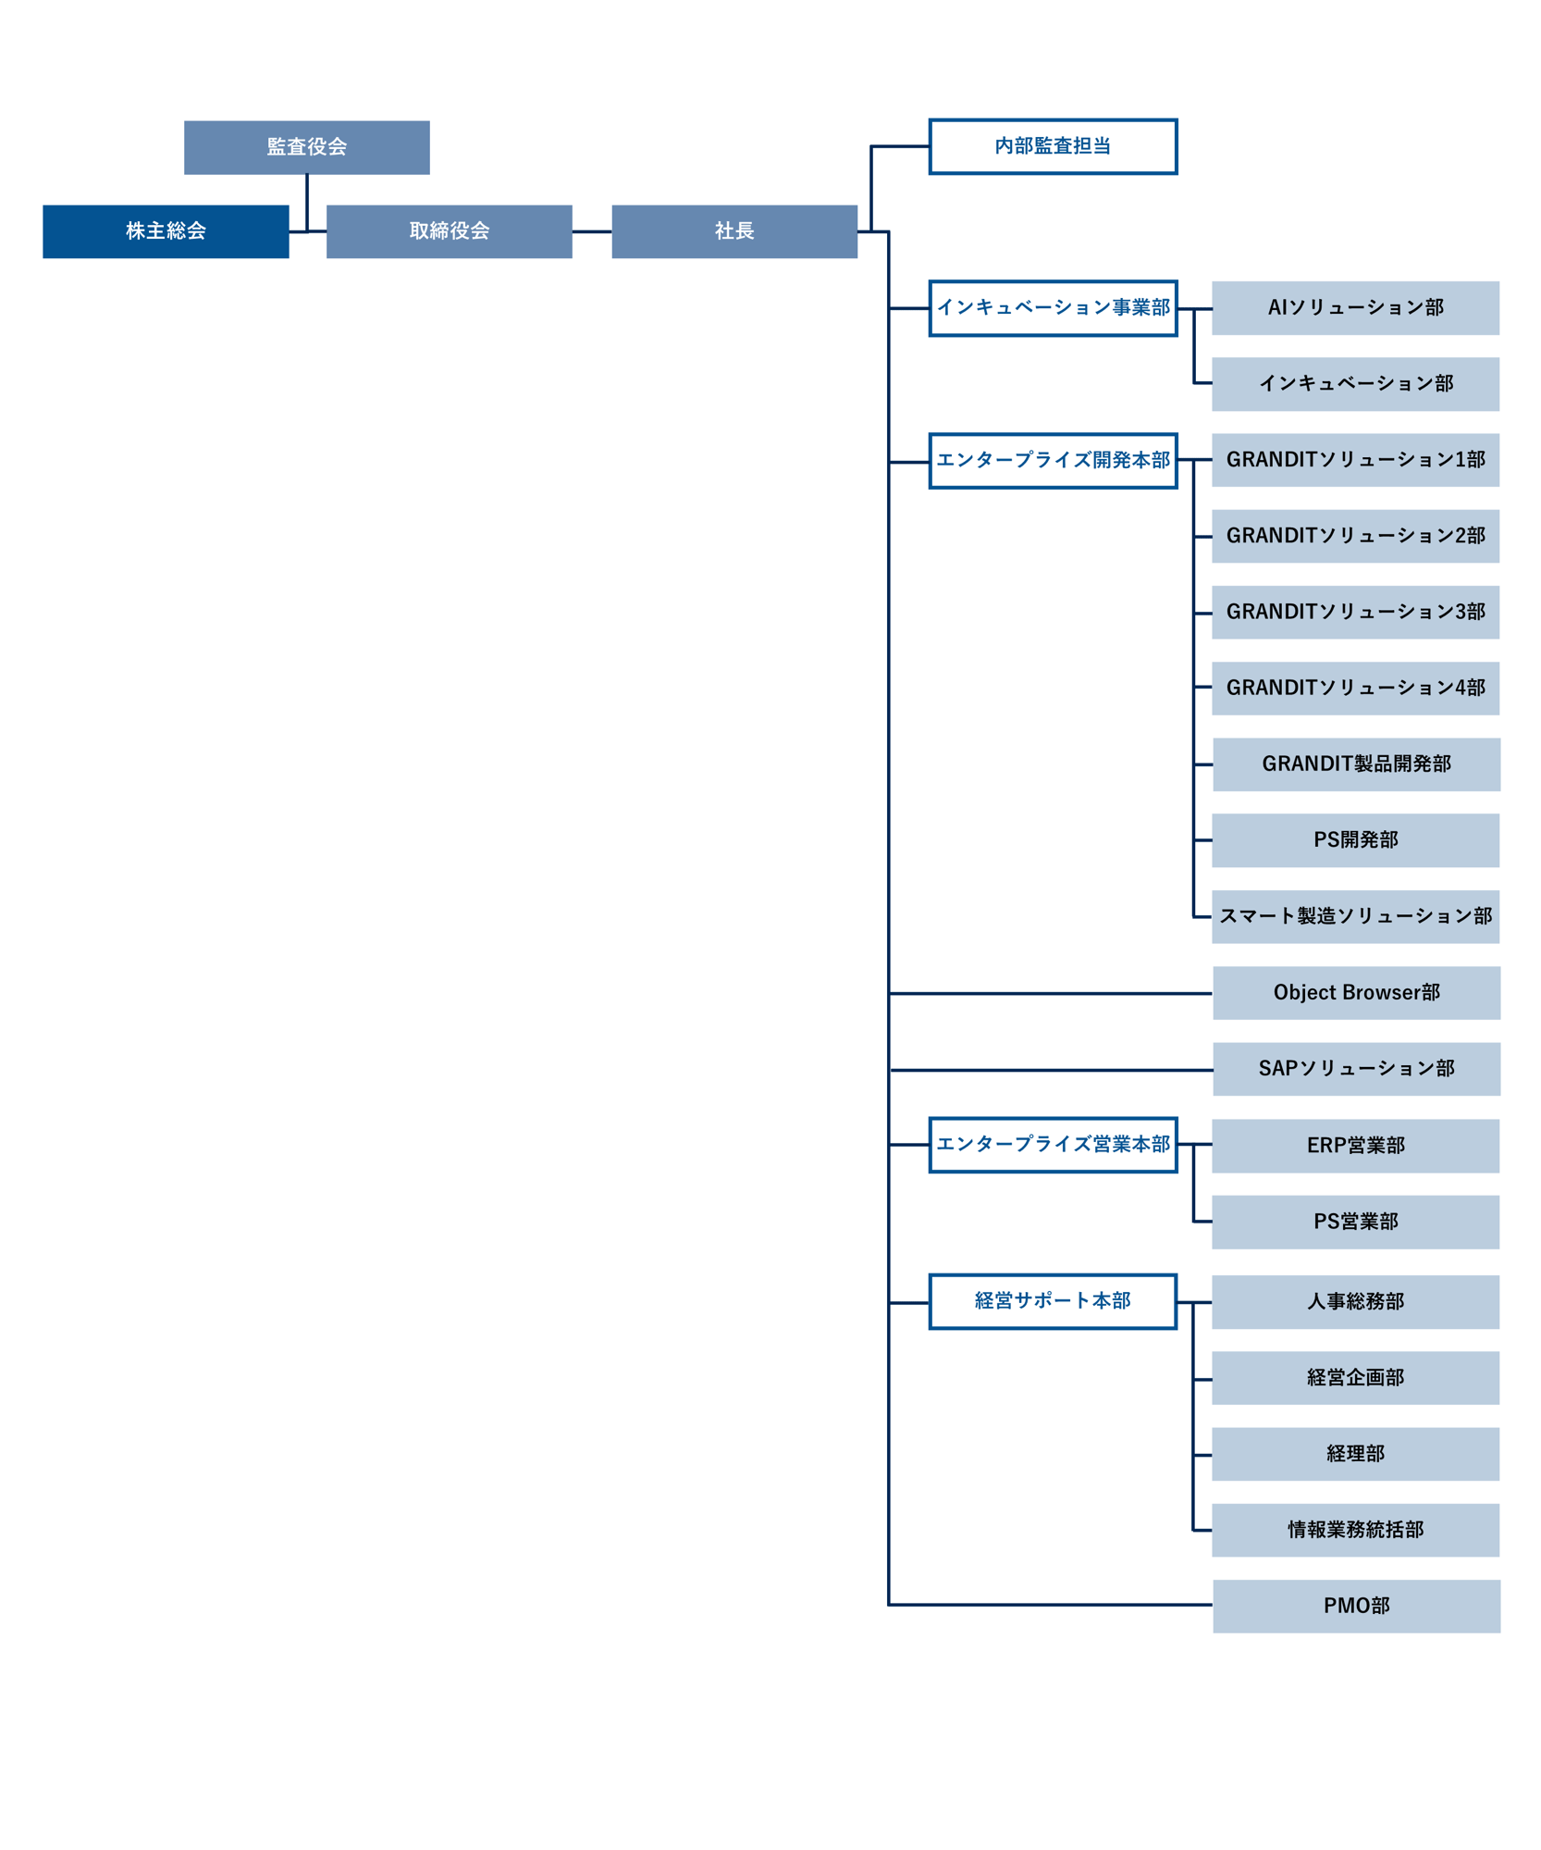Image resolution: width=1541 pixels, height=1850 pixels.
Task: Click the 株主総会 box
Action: pos(165,230)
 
